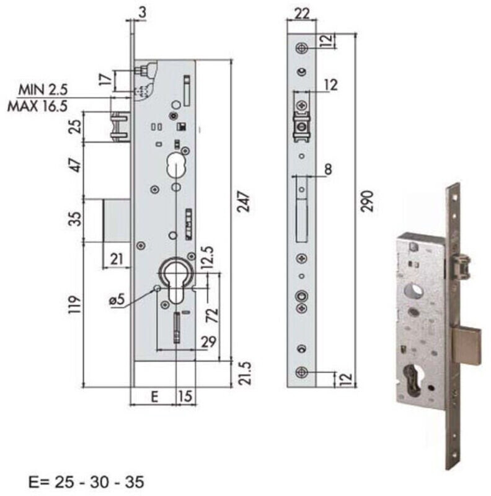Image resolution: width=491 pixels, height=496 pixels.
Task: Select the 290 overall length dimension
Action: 367,201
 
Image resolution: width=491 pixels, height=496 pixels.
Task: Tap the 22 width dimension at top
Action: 302,14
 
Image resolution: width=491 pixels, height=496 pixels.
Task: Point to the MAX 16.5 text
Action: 37,106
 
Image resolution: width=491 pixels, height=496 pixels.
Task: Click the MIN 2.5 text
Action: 43,89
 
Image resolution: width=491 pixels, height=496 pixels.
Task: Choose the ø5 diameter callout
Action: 117,299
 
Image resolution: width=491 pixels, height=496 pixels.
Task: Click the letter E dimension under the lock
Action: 154,396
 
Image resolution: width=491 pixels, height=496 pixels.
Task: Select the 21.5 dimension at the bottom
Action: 244,374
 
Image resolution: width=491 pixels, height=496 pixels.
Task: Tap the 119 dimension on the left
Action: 74,304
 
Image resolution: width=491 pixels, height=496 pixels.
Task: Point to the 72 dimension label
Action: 212,315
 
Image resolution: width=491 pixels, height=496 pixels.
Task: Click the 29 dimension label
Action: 208,342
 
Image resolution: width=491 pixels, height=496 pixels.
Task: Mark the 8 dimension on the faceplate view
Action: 329,169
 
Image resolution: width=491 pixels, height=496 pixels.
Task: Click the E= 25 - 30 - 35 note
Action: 86,482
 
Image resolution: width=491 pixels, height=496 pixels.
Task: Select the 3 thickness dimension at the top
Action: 143,12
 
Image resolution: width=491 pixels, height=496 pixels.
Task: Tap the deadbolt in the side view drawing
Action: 117,221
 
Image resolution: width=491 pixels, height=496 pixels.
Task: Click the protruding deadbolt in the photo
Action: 466,346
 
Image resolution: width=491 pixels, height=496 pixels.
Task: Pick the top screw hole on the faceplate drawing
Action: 302,48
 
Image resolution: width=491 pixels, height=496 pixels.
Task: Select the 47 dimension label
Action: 76,165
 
